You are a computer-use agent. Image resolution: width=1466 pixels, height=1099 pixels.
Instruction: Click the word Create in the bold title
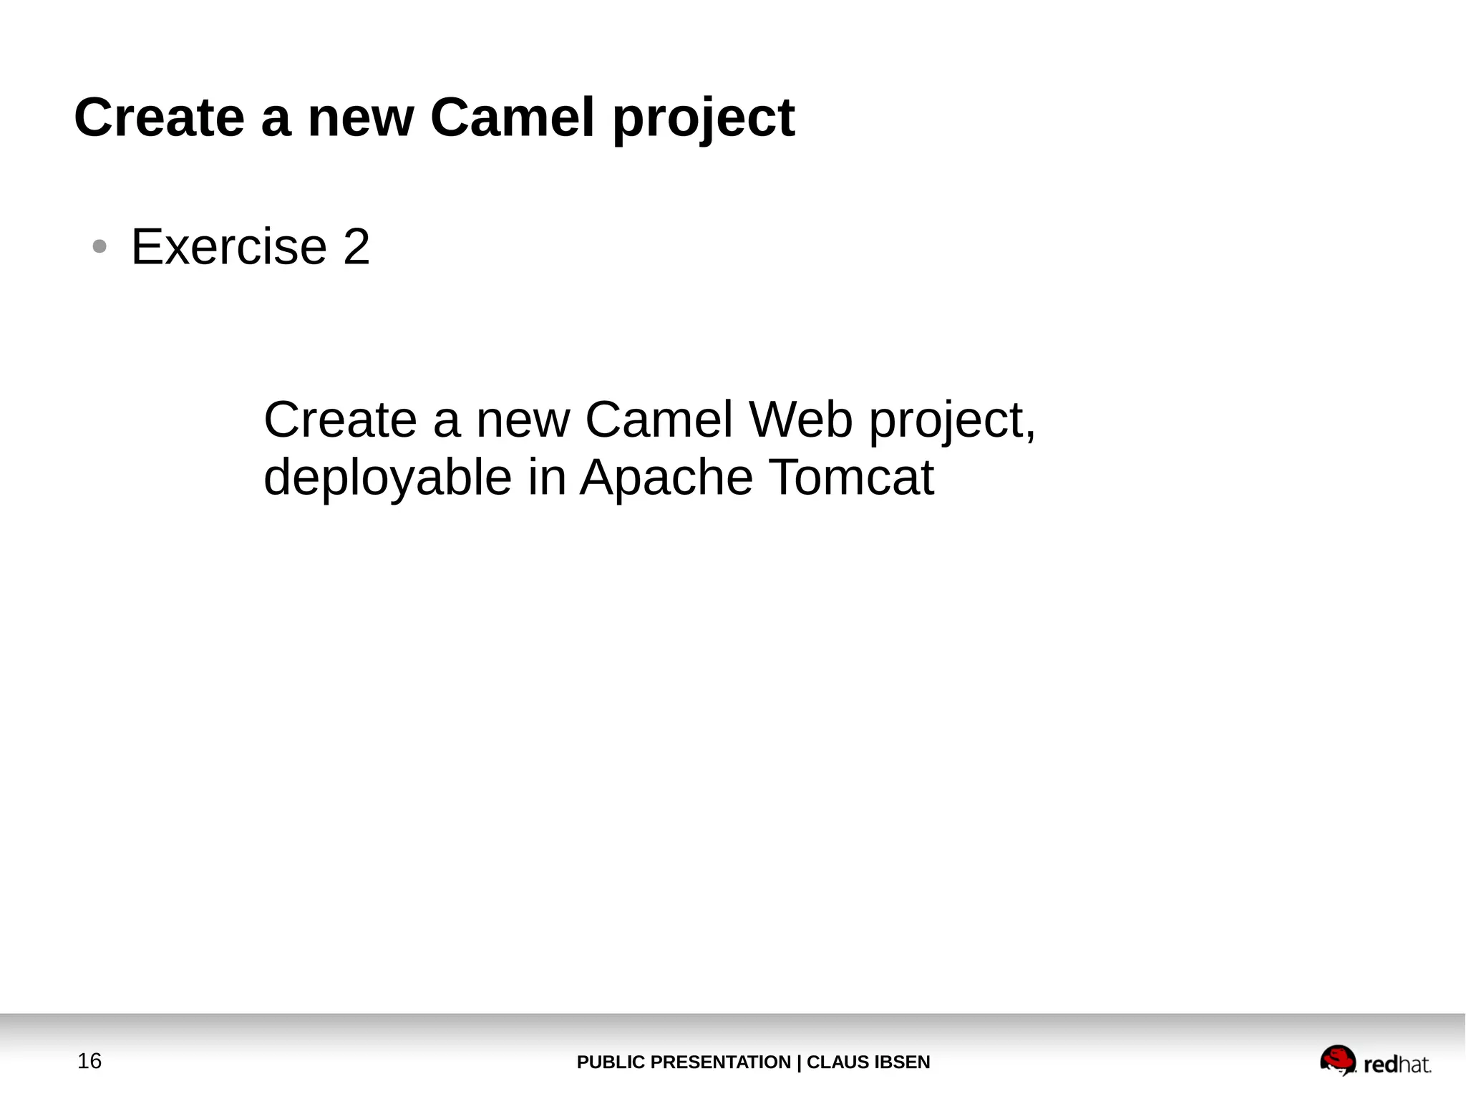pyautogui.click(x=159, y=118)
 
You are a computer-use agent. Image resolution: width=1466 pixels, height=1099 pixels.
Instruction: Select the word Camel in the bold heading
pyautogui.click(x=512, y=118)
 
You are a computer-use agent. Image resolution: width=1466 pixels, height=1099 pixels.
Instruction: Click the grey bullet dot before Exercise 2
pyautogui.click(x=99, y=247)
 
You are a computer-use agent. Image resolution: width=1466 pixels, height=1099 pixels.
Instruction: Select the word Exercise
pyautogui.click(x=229, y=247)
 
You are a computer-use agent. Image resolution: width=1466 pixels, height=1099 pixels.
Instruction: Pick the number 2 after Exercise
pyautogui.click(x=356, y=247)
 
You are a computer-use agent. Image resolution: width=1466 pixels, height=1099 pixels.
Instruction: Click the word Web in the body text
pyautogui.click(x=801, y=420)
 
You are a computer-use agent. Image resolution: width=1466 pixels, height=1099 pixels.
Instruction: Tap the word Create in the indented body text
pyautogui.click(x=340, y=420)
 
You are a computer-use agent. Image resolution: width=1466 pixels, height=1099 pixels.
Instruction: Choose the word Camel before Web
pyautogui.click(x=659, y=420)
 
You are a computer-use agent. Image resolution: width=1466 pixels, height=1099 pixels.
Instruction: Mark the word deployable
pyautogui.click(x=387, y=478)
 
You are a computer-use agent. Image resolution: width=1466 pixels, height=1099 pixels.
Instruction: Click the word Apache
pyautogui.click(x=666, y=478)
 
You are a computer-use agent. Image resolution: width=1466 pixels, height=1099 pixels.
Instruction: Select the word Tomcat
pyautogui.click(x=851, y=478)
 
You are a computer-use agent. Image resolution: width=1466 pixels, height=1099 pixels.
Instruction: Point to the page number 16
pyautogui.click(x=89, y=1061)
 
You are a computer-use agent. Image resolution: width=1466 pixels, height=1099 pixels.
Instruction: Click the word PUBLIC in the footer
pyautogui.click(x=611, y=1062)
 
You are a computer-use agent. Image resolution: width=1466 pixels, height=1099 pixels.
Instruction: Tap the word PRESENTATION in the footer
pyautogui.click(x=721, y=1062)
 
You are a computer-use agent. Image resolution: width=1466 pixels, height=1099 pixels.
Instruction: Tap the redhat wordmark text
pyautogui.click(x=1397, y=1065)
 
